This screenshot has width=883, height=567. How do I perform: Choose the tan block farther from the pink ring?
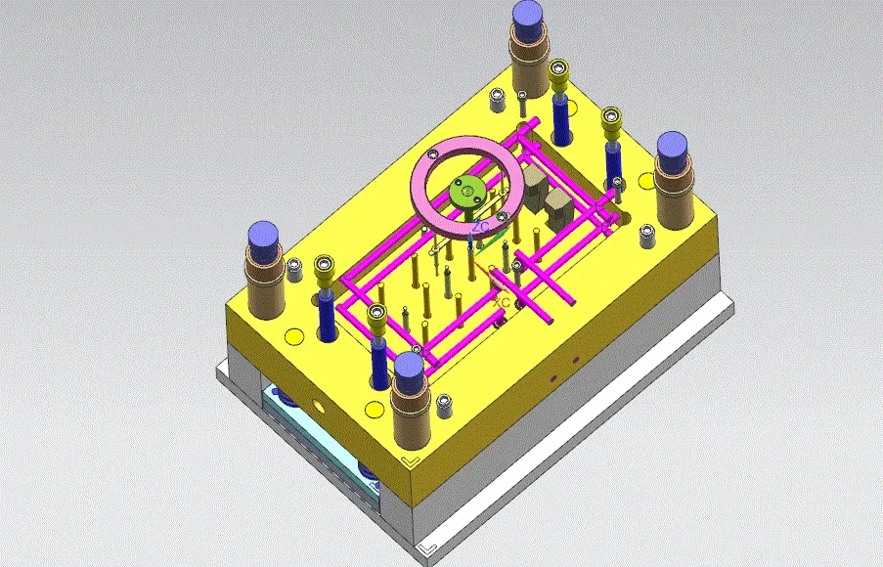click(x=558, y=206)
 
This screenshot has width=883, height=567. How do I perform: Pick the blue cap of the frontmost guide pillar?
click(x=410, y=370)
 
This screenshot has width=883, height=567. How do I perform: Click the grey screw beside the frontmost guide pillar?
click(x=445, y=402)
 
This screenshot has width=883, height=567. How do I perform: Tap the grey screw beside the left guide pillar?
click(x=293, y=267)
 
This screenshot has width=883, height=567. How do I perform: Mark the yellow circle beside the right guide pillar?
click(x=645, y=180)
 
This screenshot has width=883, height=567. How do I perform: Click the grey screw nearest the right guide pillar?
click(x=646, y=235)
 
